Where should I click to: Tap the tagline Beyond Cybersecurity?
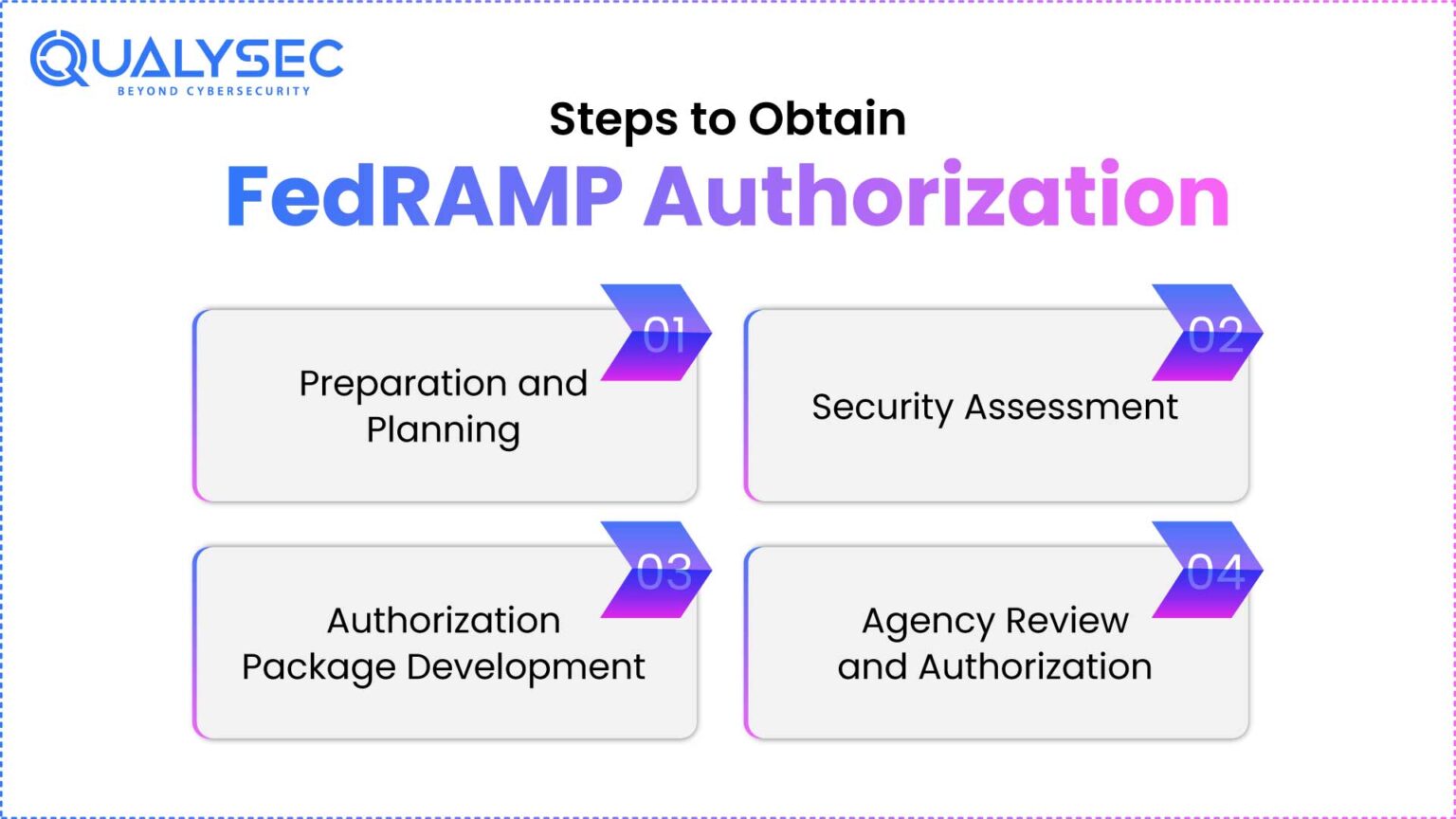click(213, 91)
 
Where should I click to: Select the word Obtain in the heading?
click(827, 119)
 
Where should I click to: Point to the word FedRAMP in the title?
click(424, 196)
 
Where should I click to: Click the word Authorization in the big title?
click(937, 196)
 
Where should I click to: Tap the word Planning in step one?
click(443, 431)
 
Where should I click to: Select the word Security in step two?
click(883, 408)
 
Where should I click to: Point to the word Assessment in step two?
click(1071, 408)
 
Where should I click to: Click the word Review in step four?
click(1066, 621)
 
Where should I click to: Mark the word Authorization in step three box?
click(444, 621)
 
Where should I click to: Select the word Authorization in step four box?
click(1035, 666)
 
